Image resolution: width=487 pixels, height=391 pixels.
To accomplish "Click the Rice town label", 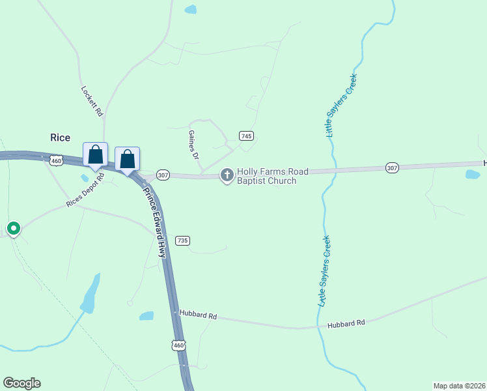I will click(x=60, y=138).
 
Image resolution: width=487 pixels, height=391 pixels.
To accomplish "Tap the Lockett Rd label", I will click(x=92, y=101).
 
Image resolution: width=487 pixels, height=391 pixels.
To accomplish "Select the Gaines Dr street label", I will click(x=193, y=145).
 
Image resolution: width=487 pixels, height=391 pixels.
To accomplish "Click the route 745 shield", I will click(x=246, y=136).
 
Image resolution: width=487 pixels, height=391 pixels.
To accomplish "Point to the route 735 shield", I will click(x=182, y=240).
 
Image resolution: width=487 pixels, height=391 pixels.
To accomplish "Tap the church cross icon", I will click(x=227, y=175).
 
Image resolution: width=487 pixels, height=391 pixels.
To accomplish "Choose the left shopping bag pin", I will click(x=95, y=155).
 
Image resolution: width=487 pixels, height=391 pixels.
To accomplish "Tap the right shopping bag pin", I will click(x=127, y=158).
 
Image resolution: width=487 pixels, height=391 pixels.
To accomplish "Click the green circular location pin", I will click(x=13, y=228).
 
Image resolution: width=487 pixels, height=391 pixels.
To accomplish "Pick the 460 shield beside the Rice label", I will click(x=56, y=160).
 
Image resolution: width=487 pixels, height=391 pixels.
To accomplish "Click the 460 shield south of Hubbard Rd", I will click(x=179, y=345).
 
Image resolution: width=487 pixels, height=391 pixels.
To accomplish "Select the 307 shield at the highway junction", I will click(x=163, y=175).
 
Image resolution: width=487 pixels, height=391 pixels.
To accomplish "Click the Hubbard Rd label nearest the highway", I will click(x=198, y=315).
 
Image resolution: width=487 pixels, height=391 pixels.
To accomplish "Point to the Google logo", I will click(x=21, y=383).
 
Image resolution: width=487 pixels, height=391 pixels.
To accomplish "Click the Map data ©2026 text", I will click(x=459, y=385).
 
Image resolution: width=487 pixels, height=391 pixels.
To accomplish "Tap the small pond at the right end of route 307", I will click(x=473, y=174).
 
